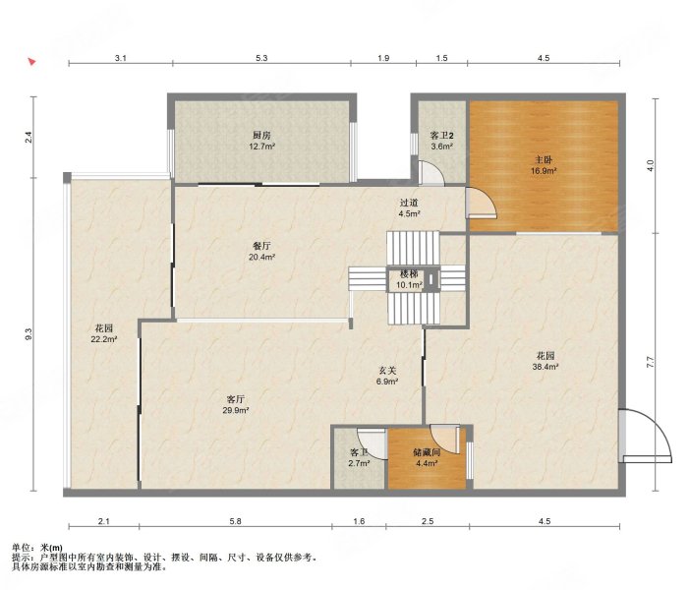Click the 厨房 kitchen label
(261, 136)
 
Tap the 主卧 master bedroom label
(544, 160)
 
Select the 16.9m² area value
(544, 171)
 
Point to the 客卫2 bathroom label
(441, 136)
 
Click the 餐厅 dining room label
(261, 246)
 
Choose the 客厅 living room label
(236, 399)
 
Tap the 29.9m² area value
(236, 411)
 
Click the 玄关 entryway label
(386, 371)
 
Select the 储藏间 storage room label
(427, 452)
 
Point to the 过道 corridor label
(409, 203)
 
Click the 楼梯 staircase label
(409, 274)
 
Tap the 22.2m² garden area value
(104, 339)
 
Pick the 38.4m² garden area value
(545, 367)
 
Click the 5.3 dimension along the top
(261, 58)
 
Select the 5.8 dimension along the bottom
(236, 521)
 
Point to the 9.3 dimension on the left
(29, 334)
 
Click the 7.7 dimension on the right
(651, 362)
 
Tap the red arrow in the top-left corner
(31, 62)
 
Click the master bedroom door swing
(482, 203)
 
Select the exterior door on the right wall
(645, 436)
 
